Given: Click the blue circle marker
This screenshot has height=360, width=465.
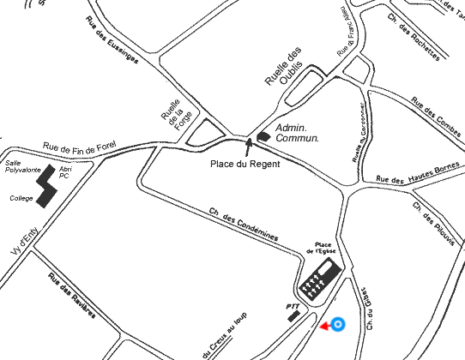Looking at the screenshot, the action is tap(338, 324).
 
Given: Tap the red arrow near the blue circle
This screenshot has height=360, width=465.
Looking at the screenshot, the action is tap(324, 326).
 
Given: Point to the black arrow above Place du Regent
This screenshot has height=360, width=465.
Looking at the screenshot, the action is tap(251, 144).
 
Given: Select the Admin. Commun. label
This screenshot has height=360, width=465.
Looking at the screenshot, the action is tap(297, 132).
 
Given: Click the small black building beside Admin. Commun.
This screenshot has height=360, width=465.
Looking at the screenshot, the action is tap(263, 135).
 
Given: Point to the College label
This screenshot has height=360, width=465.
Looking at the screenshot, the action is tap(21, 197).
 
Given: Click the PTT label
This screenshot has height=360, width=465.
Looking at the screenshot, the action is tap(291, 305).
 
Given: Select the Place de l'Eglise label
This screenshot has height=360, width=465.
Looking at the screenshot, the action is tap(329, 247).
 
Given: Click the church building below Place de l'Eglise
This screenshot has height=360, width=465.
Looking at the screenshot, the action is tap(318, 276).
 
